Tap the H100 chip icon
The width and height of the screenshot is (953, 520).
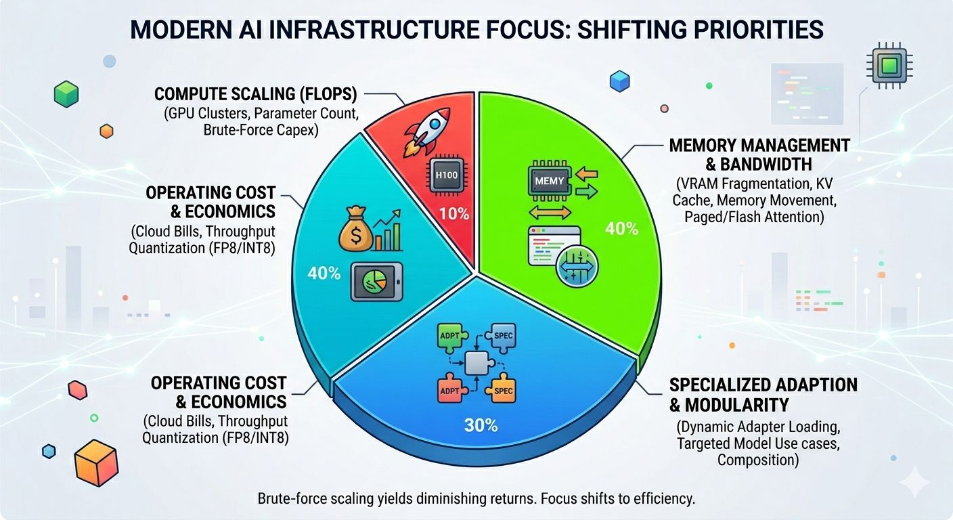[446, 175]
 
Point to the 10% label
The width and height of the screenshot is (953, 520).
[454, 213]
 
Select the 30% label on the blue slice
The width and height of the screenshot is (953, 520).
[481, 425]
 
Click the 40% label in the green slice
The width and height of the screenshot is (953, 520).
[621, 229]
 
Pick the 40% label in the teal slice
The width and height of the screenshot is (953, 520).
[324, 273]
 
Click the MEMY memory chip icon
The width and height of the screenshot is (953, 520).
[550, 181]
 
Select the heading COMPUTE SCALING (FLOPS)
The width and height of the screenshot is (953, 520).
[256, 94]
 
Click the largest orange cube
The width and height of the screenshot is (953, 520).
[96, 462]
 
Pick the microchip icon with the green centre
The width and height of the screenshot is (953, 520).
[889, 66]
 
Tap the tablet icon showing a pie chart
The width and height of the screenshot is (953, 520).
[377, 282]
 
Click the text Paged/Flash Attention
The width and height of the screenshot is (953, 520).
[754, 217]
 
